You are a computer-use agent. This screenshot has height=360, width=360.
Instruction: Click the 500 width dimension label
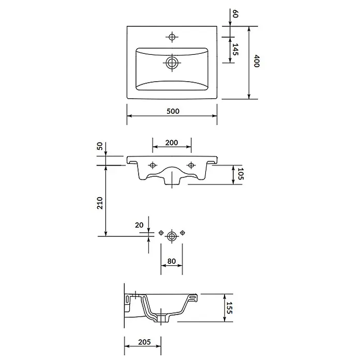(x=173, y=111)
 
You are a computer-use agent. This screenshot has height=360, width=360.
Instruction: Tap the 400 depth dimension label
(x=257, y=61)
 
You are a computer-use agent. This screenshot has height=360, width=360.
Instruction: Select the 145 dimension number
(x=235, y=49)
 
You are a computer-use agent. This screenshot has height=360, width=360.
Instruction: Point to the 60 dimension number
(x=235, y=13)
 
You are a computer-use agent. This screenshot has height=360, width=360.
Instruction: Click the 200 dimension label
(x=172, y=143)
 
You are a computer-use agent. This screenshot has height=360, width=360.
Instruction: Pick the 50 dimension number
(x=100, y=146)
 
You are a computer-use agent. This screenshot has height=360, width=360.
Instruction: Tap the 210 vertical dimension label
(x=100, y=203)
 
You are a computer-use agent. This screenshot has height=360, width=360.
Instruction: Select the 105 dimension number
(x=240, y=174)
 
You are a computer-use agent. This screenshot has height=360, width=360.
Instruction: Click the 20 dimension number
(x=139, y=225)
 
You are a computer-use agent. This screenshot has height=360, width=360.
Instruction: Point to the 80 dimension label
(x=172, y=261)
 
